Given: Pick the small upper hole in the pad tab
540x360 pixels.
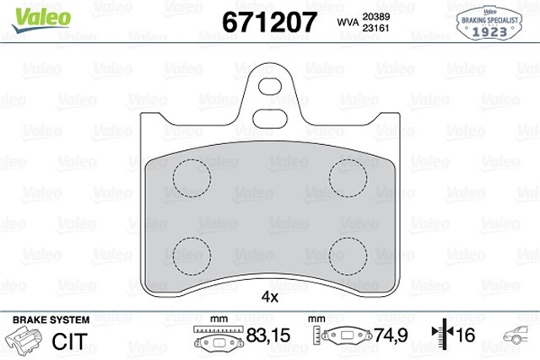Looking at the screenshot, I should [x=270, y=86].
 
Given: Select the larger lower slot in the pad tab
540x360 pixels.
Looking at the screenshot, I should [x=270, y=117].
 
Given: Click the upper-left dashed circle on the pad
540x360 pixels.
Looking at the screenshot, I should [x=191, y=177].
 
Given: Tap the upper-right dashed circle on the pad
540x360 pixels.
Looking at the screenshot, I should [x=348, y=177].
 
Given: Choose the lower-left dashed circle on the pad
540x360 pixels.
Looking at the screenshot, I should [x=191, y=254].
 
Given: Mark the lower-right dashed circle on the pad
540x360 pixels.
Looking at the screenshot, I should [x=348, y=254].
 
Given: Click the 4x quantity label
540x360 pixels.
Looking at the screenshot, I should [x=269, y=298].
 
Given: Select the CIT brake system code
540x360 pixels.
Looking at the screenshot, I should [x=71, y=341].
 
